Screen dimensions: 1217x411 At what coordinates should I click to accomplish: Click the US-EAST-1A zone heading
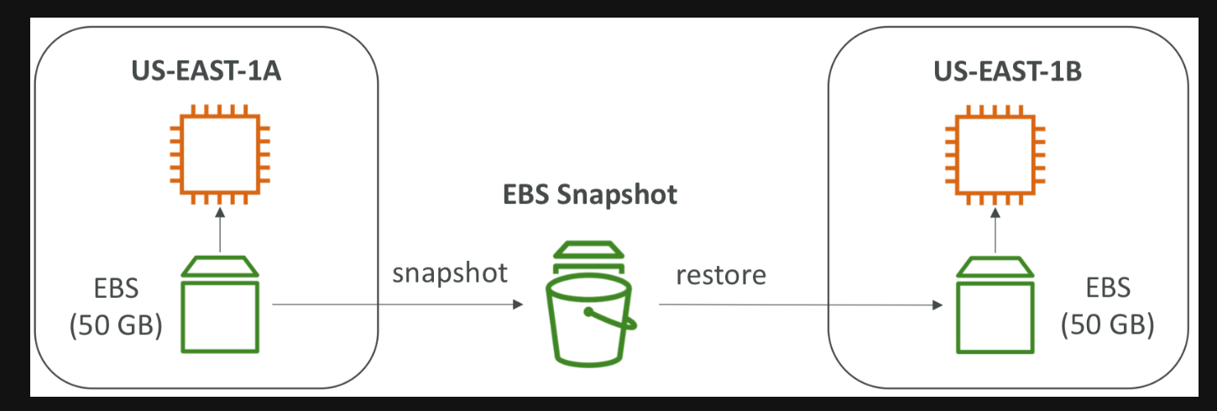tap(206, 70)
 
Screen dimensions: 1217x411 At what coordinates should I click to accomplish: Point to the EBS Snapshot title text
tap(590, 195)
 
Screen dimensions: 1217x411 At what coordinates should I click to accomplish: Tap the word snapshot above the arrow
tap(450, 273)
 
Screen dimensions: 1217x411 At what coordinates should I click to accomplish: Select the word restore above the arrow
tap(723, 273)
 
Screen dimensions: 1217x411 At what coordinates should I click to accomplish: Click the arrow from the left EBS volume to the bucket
tap(394, 305)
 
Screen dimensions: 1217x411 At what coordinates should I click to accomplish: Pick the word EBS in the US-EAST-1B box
tap(1107, 290)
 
